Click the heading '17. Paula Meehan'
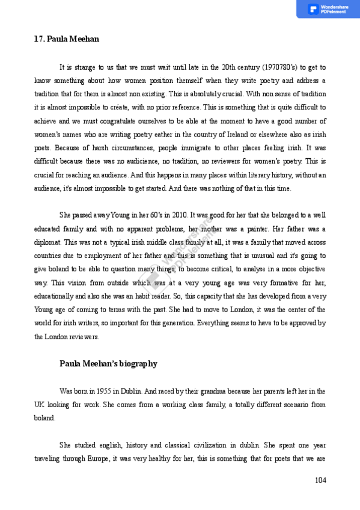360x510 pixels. point(66,39)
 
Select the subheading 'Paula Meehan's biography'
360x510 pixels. point(108,364)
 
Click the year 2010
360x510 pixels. point(179,215)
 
